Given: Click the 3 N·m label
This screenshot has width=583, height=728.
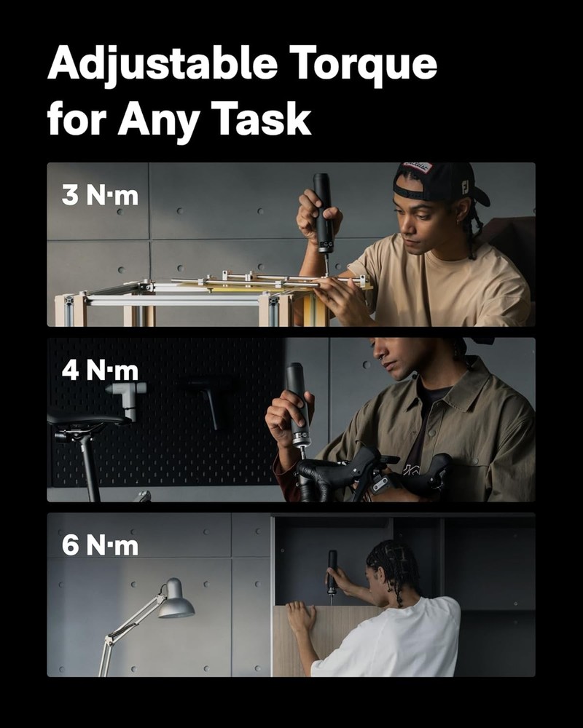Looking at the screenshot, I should tap(100, 195).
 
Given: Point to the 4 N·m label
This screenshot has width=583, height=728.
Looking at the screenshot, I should tap(100, 371).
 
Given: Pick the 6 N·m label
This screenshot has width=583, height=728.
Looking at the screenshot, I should tap(100, 546).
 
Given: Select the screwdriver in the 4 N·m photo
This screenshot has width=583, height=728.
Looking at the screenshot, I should tap(297, 404).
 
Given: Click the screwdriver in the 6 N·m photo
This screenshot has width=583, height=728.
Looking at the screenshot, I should tap(332, 571).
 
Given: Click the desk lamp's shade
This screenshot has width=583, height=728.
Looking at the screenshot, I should tap(175, 600).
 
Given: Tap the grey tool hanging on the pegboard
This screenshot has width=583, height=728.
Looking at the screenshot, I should tap(125, 397).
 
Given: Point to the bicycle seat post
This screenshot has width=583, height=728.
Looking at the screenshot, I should tap(90, 466).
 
